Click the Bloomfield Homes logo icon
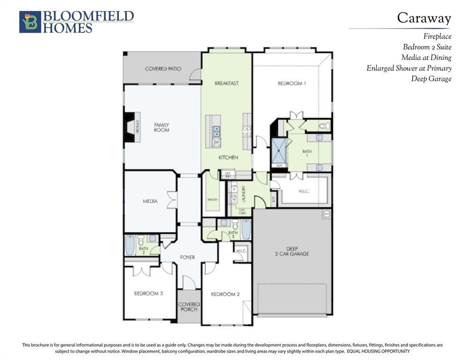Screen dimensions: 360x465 click(30, 22)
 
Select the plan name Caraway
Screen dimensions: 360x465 click(424, 18)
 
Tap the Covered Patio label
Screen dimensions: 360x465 click(163, 69)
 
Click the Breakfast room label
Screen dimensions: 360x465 click(227, 83)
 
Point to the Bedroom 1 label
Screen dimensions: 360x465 click(292, 83)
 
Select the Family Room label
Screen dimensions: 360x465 click(162, 127)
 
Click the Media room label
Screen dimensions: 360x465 click(150, 202)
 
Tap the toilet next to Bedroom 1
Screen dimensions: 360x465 click(324, 126)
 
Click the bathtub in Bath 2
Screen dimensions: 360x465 click(130, 245)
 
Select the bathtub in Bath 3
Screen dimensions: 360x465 click(246, 229)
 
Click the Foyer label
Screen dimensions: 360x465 click(187, 257)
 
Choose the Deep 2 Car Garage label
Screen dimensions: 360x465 click(291, 251)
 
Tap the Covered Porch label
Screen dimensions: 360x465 click(189, 307)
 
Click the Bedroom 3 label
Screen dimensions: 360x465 click(148, 294)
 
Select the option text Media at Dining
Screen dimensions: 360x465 click(426, 58)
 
